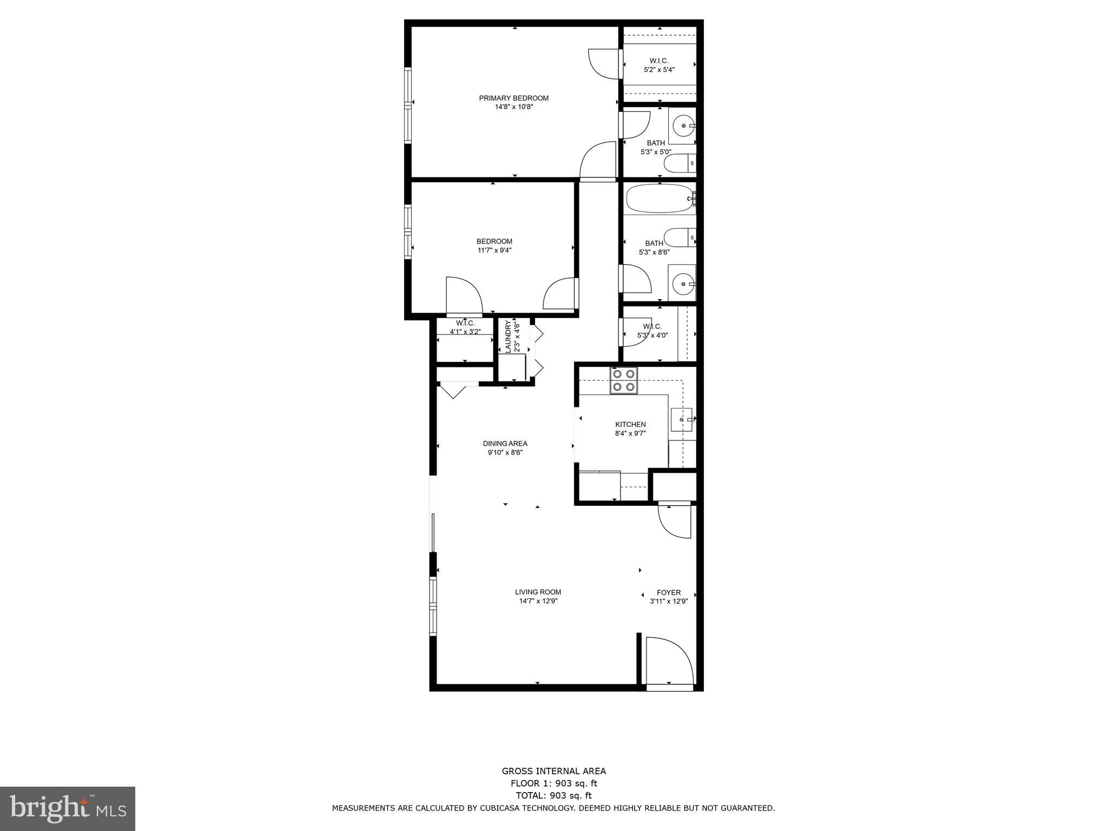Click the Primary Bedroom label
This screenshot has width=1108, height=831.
click(513, 98)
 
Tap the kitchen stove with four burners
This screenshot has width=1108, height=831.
click(623, 380)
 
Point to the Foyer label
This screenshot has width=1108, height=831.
click(669, 592)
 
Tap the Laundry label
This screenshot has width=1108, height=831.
click(508, 337)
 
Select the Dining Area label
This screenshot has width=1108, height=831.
click(505, 444)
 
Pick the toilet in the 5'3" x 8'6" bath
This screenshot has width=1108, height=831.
click(678, 237)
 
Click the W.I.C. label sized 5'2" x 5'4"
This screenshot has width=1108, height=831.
click(659, 61)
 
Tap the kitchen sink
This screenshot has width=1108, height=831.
click(681, 419)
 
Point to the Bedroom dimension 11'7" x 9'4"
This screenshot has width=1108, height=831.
click(494, 250)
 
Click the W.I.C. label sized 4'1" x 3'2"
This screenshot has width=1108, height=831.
click(465, 323)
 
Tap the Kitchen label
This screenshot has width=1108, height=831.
click(630, 424)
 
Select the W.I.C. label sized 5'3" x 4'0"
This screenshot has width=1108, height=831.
click(652, 326)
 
